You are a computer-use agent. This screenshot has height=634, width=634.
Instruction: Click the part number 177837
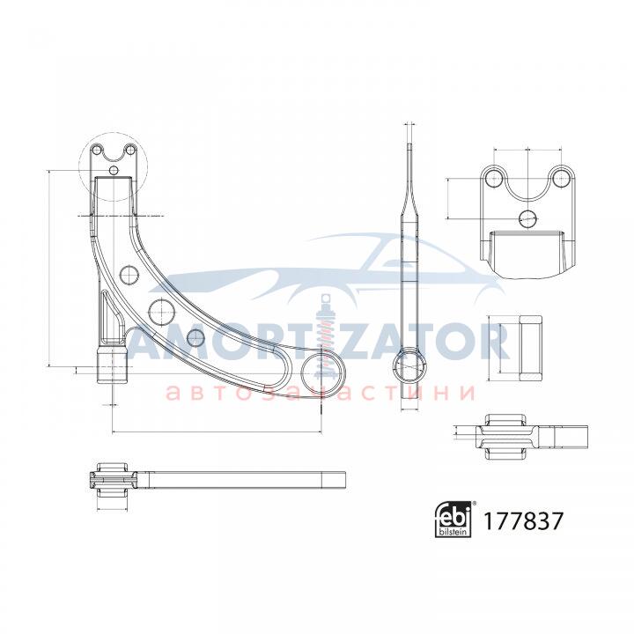coord(522,520)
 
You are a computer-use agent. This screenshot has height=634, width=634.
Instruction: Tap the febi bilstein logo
coord(455,520)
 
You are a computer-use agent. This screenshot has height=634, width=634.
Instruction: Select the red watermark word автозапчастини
coord(321,392)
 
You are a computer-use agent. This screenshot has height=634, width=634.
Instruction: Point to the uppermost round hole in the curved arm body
coord(129,275)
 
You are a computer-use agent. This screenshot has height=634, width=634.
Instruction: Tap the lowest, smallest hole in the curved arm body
coord(195,337)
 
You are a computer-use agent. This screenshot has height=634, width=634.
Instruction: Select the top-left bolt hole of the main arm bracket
coord(96,150)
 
